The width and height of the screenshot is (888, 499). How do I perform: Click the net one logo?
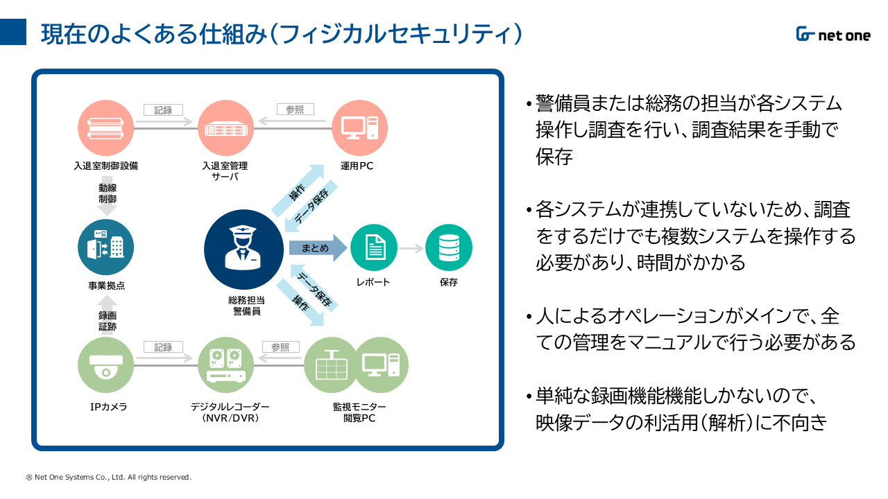(832, 35)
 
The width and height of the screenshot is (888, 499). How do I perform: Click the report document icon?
(374, 248)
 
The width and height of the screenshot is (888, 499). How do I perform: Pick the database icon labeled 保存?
(448, 248)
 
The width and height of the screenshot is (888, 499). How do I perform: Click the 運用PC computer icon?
(359, 128)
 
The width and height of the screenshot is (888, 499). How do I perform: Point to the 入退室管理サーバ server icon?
(225, 128)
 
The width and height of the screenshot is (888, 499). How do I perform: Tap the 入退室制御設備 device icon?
(106, 128)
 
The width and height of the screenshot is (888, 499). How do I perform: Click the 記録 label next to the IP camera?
(163, 347)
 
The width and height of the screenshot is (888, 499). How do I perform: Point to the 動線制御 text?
(107, 193)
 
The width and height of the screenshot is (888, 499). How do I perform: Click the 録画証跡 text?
(107, 321)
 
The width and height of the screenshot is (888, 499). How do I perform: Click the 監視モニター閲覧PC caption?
(359, 412)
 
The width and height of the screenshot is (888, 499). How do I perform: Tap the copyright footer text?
(108, 477)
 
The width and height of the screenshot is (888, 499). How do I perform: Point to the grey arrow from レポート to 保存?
(411, 248)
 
